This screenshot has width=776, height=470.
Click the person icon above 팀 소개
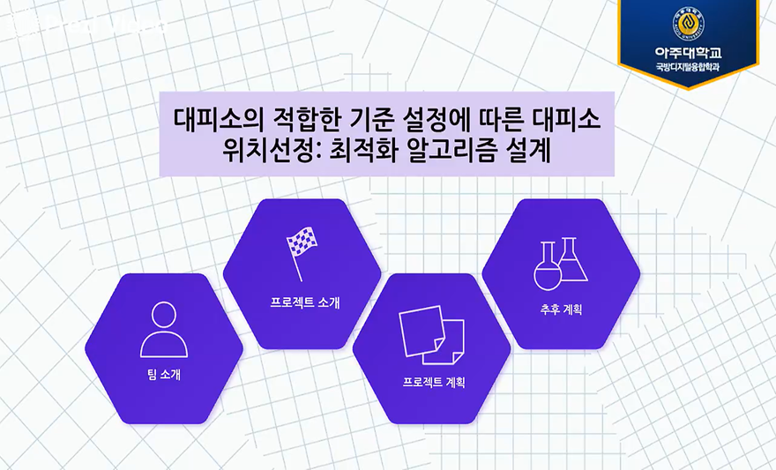[x=164, y=330]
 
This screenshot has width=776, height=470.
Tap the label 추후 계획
[x=562, y=310]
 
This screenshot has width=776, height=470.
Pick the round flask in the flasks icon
[x=548, y=272]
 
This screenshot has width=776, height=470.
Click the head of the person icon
[x=164, y=316]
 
